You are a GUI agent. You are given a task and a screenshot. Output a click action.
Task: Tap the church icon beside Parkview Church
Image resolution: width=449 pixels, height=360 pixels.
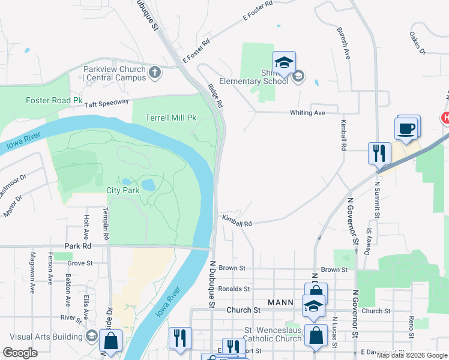155,73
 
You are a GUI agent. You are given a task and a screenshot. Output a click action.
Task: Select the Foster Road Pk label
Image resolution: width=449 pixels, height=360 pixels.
54,100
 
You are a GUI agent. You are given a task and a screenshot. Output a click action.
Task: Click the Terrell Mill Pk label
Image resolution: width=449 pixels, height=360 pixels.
171,118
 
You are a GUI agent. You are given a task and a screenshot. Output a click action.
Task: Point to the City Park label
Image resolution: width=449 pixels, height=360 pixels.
122,190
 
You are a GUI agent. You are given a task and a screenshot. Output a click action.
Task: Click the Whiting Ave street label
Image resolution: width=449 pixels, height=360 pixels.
307,113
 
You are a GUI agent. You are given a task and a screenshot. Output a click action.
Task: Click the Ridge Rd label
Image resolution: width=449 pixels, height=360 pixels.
215,95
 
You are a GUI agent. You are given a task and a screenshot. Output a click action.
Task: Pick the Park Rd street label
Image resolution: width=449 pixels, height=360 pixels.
78,246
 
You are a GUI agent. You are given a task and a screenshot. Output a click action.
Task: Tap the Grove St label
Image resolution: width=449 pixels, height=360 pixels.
80,263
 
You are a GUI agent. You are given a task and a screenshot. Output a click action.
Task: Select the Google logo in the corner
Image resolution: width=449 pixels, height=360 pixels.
20,353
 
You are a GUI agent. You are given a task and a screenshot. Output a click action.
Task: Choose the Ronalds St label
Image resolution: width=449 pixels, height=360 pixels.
234,289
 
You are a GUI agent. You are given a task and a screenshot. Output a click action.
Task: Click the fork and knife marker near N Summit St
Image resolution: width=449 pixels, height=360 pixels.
379,153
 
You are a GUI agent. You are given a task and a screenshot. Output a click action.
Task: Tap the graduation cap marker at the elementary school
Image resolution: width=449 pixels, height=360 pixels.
284,61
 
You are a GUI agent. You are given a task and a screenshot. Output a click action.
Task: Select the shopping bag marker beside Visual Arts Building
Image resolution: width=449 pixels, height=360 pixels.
111,341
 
